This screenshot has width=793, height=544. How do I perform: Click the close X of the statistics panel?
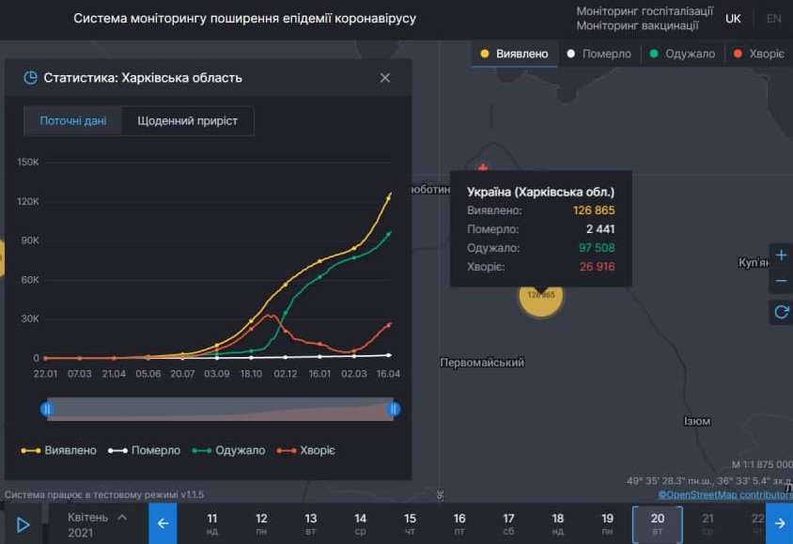[385, 78]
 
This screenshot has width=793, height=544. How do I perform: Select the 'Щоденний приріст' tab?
[187, 121]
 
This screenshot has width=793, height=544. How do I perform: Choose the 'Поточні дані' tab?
[73, 121]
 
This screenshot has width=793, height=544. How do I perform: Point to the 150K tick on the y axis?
[28, 163]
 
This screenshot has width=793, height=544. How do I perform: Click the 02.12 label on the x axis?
[286, 374]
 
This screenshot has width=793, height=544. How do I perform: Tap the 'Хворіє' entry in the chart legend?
[311, 451]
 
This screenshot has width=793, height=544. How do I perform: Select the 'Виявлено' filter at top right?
[514, 54]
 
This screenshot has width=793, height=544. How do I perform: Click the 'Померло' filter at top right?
[599, 54]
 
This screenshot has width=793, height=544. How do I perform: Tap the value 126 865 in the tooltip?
[594, 210]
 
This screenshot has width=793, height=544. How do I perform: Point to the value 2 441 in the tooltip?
[600, 229]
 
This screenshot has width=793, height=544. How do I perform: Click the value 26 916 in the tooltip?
[597, 268]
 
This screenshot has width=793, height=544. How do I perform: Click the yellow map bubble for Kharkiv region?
[540, 295]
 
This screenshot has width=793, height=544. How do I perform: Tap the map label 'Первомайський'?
[482, 363]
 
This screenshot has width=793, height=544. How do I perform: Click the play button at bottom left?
[23, 524]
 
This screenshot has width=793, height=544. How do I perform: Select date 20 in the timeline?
[657, 523]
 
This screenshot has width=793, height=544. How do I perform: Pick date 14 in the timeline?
[360, 523]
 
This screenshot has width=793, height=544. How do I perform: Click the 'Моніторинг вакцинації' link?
[644, 25]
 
